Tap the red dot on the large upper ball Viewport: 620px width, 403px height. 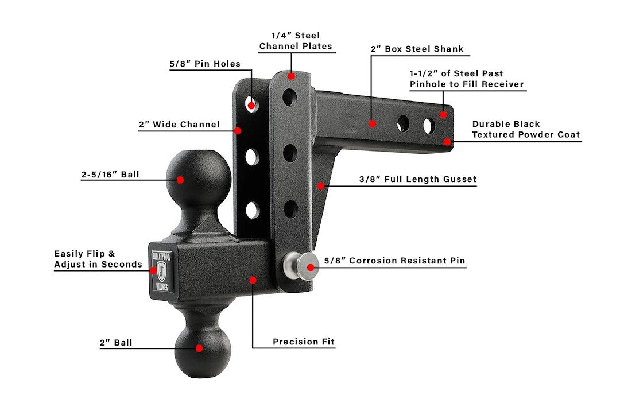click(x=180, y=180)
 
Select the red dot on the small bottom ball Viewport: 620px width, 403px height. click(x=199, y=348)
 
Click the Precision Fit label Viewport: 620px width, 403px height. click(x=303, y=342)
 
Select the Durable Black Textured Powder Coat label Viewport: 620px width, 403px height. click(x=525, y=130)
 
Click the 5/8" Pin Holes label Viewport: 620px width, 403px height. click(x=205, y=64)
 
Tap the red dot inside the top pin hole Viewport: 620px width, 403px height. click(x=251, y=106)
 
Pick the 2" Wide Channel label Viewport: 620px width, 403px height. click(x=179, y=125)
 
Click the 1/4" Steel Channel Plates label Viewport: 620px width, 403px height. click(x=296, y=41)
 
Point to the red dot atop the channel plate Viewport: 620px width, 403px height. click(x=292, y=76)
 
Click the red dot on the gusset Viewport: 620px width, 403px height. click(x=321, y=185)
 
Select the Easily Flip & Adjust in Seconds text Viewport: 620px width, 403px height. click(x=98, y=259)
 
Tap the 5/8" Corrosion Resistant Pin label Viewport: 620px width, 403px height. click(x=394, y=261)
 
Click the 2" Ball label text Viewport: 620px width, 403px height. click(x=116, y=343)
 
